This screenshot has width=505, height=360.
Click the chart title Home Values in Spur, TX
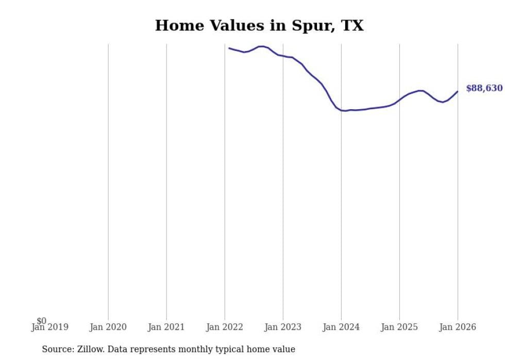[x=259, y=26]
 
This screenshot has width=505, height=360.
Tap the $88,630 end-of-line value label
[x=484, y=88]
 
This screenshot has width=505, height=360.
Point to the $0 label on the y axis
[x=41, y=321]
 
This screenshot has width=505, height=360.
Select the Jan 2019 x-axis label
[x=49, y=327]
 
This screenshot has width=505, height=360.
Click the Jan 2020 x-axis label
[x=108, y=327]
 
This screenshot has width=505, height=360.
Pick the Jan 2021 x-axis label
[x=166, y=327]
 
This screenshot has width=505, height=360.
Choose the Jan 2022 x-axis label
[x=225, y=327]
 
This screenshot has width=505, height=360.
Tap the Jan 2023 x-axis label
[x=283, y=327]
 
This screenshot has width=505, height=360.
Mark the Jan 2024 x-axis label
[x=341, y=327]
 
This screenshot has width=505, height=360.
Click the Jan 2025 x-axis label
[x=399, y=327]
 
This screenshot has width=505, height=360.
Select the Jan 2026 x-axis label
[x=458, y=327]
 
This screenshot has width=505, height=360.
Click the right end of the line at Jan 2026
[x=458, y=91]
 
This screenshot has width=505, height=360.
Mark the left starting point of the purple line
[x=229, y=48]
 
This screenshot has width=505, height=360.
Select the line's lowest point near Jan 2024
[x=344, y=111]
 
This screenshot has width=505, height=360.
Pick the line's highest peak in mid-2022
[x=262, y=46]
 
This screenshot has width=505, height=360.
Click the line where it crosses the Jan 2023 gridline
[x=283, y=56]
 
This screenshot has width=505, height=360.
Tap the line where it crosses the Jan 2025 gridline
[x=399, y=99]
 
